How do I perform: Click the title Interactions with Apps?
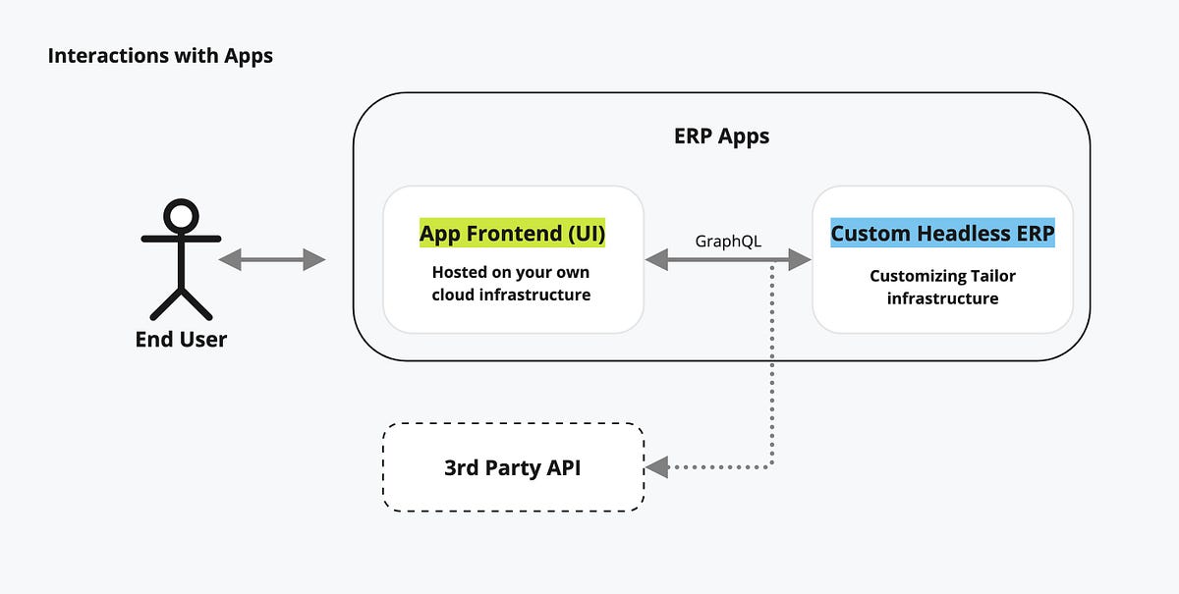[x=160, y=56]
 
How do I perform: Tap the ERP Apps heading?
[x=721, y=136]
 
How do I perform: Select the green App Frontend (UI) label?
[x=512, y=234]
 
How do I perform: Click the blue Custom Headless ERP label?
[x=942, y=234]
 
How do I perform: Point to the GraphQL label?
[x=728, y=241]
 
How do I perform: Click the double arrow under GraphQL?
[x=728, y=260]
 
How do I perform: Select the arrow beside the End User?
[x=272, y=259]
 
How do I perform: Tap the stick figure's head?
[x=181, y=216]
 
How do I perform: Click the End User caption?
[x=181, y=340]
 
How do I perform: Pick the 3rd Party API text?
[x=512, y=467]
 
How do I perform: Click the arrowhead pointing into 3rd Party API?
[x=656, y=467]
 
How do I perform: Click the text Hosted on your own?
[x=511, y=272]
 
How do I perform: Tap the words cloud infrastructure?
[x=511, y=295]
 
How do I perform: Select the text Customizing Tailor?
[x=942, y=276]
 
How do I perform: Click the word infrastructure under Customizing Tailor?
[x=942, y=298]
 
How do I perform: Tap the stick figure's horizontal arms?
[x=181, y=238]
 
